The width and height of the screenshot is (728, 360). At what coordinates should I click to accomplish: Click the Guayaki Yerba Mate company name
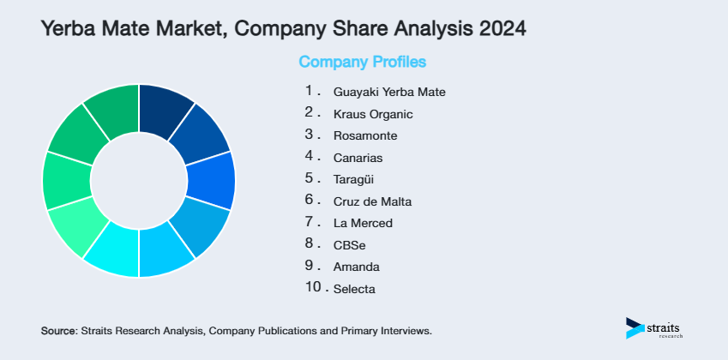389,91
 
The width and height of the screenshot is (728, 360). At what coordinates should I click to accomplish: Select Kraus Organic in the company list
373,113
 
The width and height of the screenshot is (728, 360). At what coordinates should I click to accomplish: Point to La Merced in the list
362,223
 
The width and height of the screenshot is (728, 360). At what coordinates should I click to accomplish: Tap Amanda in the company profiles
352,267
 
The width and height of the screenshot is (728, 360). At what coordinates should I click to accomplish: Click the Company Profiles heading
362,62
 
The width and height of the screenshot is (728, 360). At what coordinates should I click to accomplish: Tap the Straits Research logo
656,327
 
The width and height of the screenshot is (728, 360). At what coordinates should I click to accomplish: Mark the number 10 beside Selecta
312,287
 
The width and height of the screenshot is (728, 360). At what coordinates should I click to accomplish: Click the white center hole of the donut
139,180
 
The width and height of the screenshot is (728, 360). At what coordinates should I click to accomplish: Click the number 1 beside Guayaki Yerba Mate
309,89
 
